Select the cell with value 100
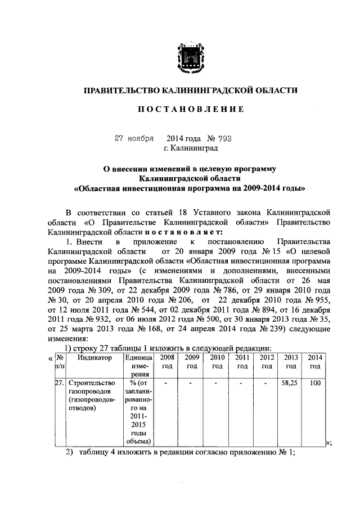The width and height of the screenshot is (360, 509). point(316,382)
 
